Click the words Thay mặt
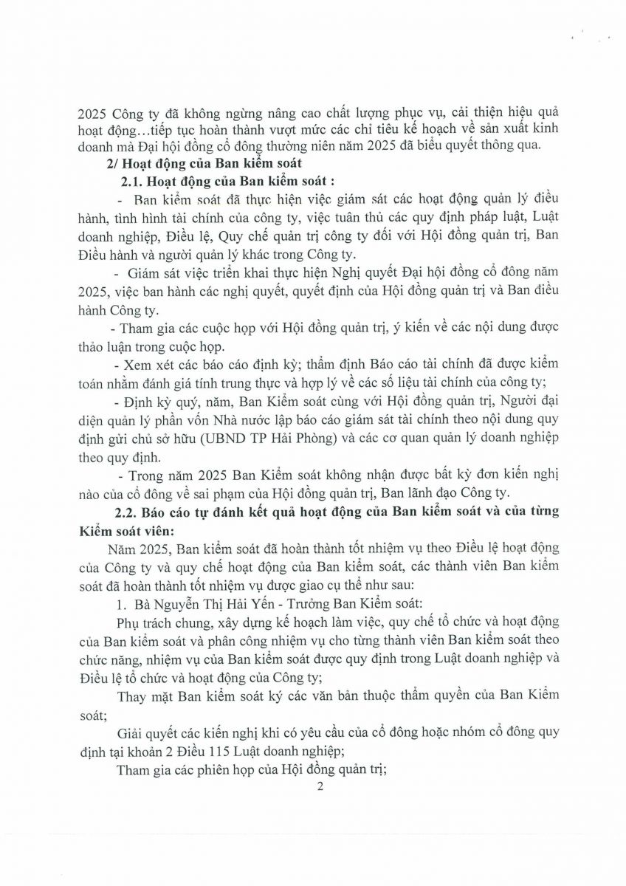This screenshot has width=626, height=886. pos(144,695)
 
